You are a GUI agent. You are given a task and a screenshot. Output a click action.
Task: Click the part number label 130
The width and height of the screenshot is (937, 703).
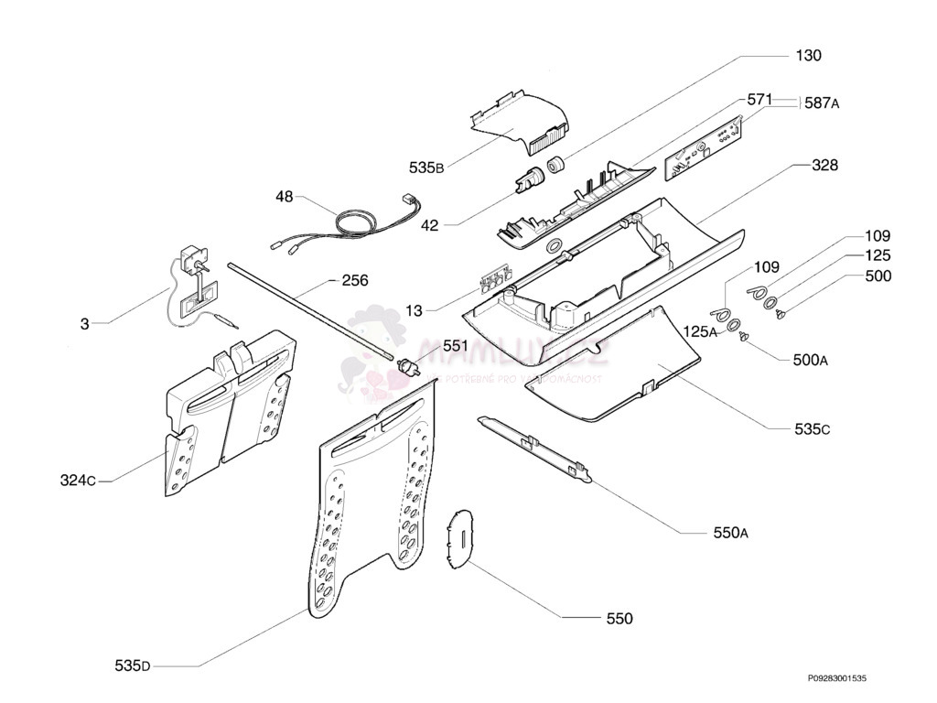click(x=808, y=56)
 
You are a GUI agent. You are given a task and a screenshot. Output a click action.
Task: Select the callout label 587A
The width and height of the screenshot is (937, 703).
click(x=822, y=103)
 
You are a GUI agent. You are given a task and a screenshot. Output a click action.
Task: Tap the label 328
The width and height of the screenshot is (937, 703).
click(x=824, y=166)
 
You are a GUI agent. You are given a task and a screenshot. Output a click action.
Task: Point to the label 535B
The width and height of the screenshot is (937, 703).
click(x=426, y=168)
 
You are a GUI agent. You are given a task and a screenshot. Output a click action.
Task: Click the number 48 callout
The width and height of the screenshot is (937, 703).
click(x=284, y=196)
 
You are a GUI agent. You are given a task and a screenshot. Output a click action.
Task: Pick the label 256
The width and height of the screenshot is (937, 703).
click(x=355, y=280)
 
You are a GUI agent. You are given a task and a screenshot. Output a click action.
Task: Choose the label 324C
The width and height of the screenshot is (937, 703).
click(x=78, y=480)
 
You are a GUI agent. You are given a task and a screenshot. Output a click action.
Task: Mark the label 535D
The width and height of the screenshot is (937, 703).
click(x=133, y=665)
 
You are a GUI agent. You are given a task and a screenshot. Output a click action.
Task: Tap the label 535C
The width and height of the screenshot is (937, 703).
click(x=787, y=428)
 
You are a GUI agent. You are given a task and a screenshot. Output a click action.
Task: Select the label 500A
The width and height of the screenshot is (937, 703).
click(x=811, y=361)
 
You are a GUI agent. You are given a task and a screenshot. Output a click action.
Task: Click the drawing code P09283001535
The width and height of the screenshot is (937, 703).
click(x=836, y=678)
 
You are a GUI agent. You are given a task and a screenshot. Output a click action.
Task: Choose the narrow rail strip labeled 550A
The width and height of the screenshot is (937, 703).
click(x=535, y=449)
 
